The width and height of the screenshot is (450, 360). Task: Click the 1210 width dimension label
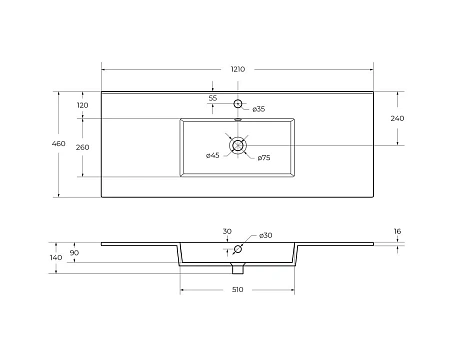click(x=238, y=69)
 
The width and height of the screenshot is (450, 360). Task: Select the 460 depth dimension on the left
click(x=58, y=144)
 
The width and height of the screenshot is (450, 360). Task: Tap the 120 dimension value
click(x=82, y=105)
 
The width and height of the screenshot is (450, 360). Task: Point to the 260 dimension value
click(x=82, y=147)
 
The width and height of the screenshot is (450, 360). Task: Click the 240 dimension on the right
click(x=397, y=118)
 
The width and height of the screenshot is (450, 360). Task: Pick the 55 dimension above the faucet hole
click(x=213, y=97)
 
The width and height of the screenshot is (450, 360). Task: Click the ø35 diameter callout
click(x=258, y=108)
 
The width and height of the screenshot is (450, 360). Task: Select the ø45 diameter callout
click(x=213, y=155)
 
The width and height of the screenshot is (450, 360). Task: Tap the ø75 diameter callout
click(x=263, y=157)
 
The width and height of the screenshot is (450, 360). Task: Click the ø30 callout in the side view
click(x=265, y=235)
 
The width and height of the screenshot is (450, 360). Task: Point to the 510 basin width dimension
click(x=237, y=290)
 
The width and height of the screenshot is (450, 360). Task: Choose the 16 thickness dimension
click(x=397, y=231)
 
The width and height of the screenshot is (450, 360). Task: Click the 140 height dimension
click(x=56, y=257)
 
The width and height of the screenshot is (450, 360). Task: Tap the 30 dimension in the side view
click(x=227, y=231)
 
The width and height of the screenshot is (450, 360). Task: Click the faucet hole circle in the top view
click(x=238, y=104)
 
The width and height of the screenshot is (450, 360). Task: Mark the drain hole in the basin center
click(x=237, y=146)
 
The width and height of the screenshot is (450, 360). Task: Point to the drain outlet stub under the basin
click(x=238, y=269)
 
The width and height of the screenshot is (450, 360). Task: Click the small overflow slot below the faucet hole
click(x=238, y=118)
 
